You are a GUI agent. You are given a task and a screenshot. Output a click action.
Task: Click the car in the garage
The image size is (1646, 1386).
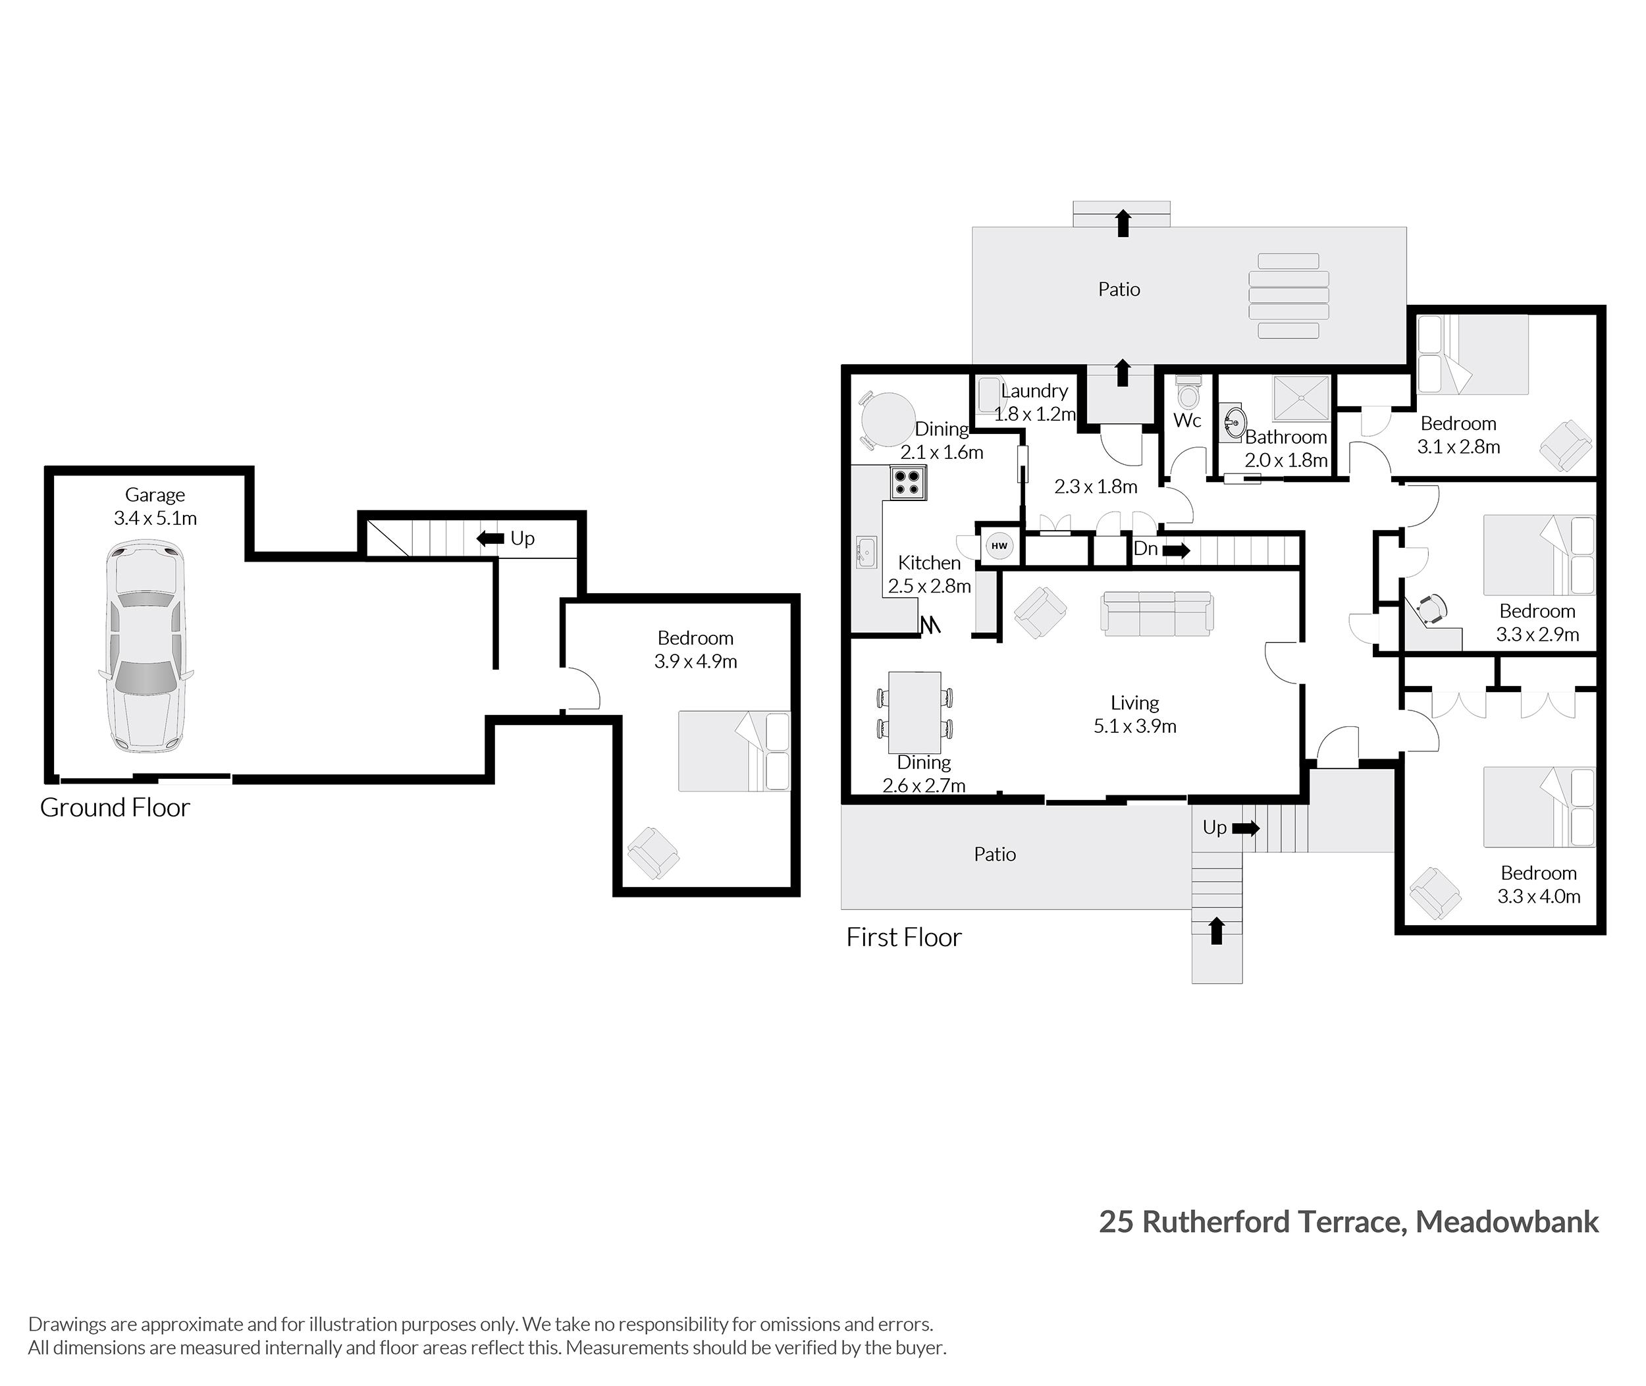click(x=146, y=645)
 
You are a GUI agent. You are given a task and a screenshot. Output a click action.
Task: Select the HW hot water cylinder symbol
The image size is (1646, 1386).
click(x=999, y=545)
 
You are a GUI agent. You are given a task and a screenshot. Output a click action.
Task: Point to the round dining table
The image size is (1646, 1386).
click(x=888, y=419)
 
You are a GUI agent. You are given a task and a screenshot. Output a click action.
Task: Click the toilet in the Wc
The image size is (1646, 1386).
click(x=1187, y=390)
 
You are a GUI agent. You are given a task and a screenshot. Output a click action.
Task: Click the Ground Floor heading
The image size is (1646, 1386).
click(x=115, y=808)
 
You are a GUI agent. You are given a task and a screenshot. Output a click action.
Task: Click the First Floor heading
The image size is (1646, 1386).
click(x=903, y=938)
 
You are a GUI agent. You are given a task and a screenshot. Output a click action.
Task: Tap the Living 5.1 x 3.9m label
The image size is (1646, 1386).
click(x=1134, y=714)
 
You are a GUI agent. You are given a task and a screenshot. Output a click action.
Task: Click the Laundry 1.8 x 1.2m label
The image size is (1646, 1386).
click(x=1034, y=402)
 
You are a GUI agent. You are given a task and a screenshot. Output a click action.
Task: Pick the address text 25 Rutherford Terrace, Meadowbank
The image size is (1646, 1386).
click(x=1348, y=1222)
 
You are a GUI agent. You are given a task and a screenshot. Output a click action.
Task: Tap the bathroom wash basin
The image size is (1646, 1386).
click(x=1234, y=423)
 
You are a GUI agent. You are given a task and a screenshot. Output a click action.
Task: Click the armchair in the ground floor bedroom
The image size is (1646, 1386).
click(x=653, y=853)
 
